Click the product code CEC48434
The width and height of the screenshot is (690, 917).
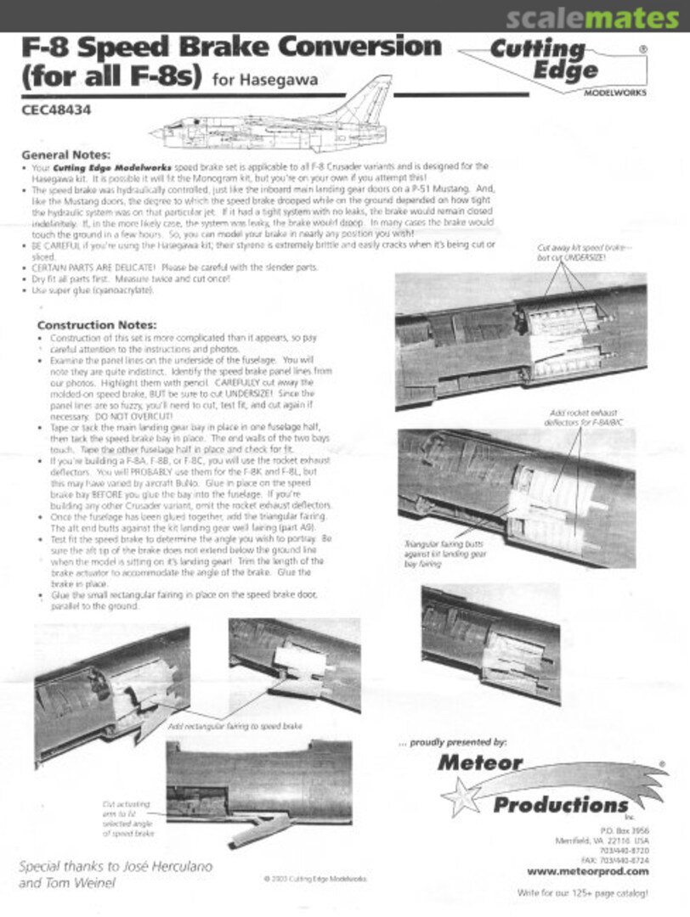(56, 109)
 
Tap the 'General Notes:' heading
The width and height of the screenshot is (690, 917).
(65, 155)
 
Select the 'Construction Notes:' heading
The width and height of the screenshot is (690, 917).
(97, 325)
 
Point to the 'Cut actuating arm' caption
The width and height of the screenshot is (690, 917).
(127, 819)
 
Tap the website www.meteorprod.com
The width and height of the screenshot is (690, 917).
(587, 870)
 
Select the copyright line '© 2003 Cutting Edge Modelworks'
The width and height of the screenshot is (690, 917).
(315, 880)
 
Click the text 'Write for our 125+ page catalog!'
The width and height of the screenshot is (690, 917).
(582, 893)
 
